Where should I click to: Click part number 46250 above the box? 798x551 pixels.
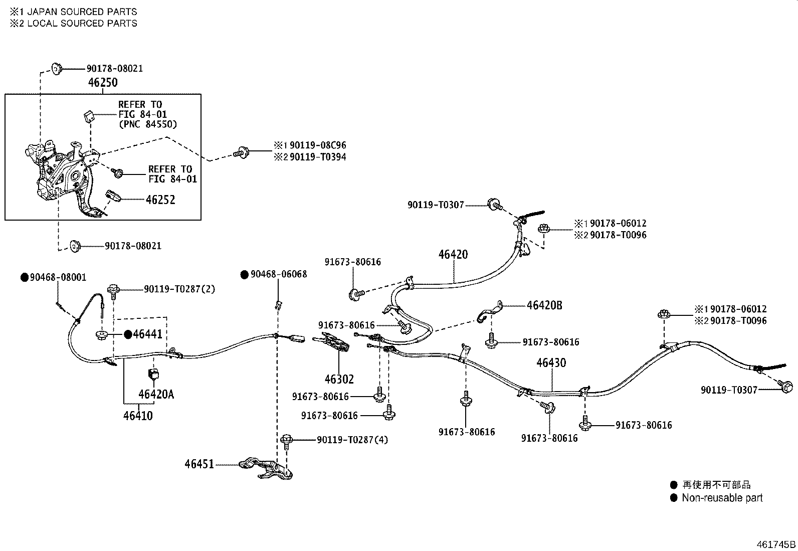103,82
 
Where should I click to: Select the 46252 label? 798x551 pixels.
160,200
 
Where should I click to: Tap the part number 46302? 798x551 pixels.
339,380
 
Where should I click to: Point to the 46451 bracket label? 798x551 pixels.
199,464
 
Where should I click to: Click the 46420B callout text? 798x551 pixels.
544,305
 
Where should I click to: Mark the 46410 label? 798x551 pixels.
138,416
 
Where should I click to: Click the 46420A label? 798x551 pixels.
156,395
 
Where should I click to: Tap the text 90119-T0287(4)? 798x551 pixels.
352,440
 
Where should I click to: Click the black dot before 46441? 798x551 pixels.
128,334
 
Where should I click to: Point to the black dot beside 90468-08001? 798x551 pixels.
24,277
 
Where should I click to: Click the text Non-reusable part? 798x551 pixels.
722,498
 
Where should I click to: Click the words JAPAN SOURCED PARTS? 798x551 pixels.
82,12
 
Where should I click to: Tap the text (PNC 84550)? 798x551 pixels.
147,124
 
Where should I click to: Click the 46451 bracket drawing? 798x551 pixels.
265,467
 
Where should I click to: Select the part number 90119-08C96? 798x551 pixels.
318,145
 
